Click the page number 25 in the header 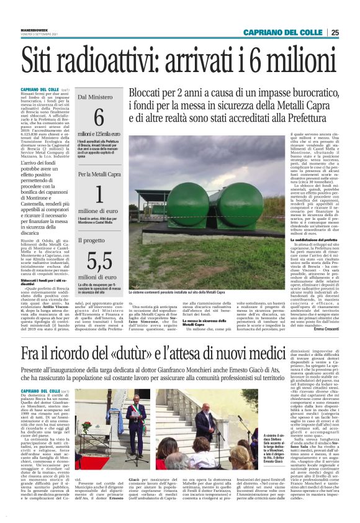[x=352, y=33]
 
